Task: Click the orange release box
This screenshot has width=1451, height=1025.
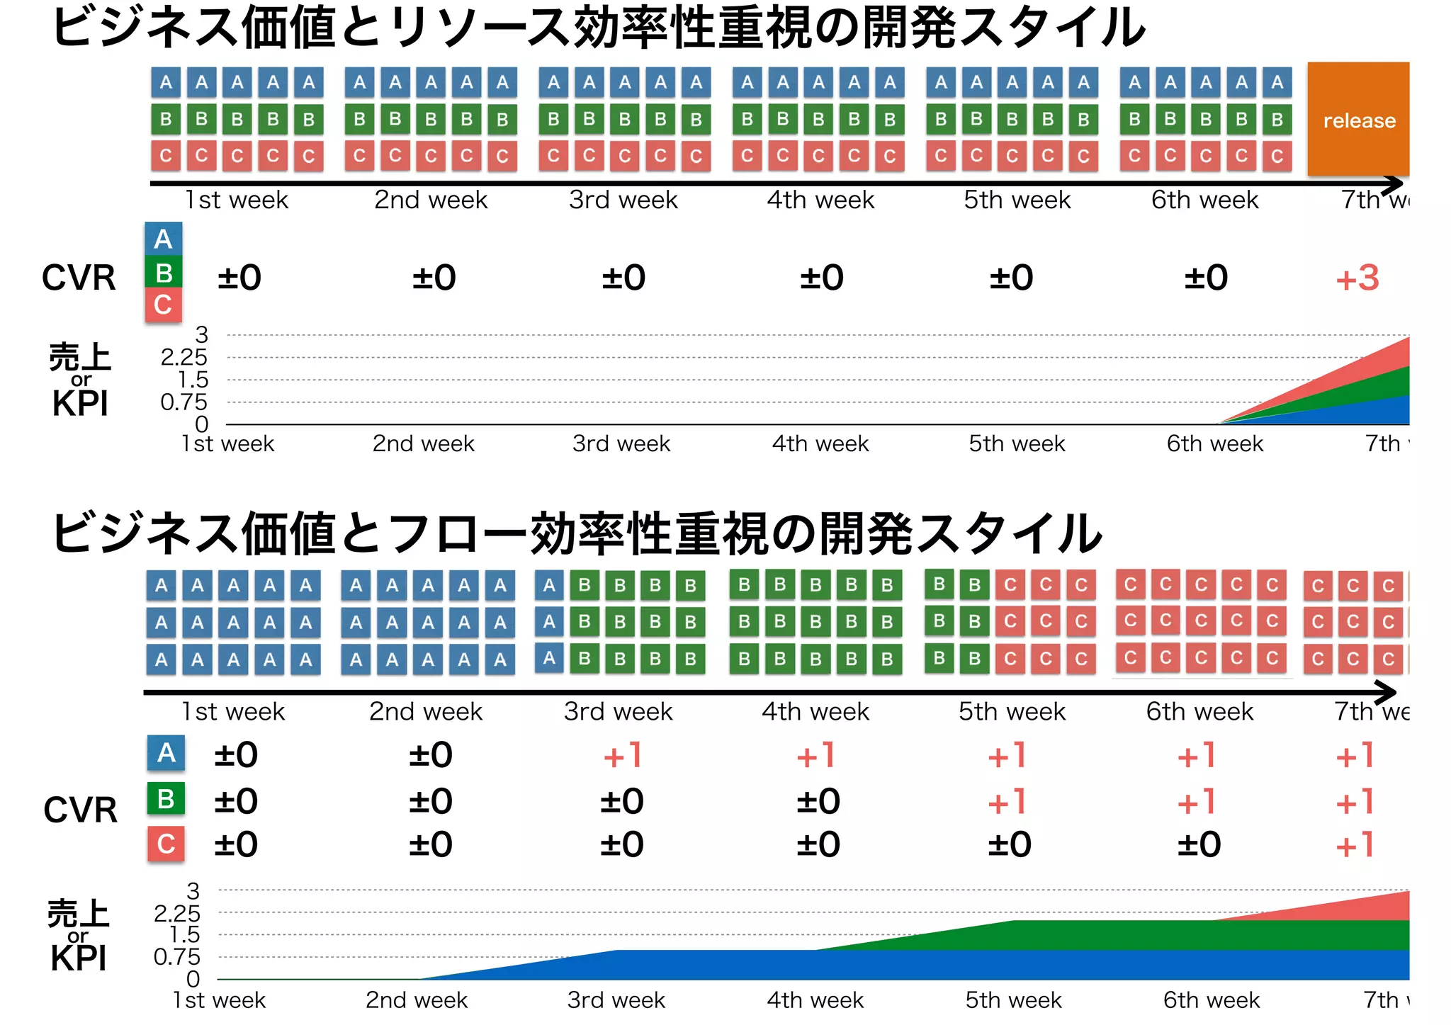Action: (1357, 119)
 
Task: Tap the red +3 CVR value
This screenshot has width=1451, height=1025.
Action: (1357, 278)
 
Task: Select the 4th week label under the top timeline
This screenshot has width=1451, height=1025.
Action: (820, 200)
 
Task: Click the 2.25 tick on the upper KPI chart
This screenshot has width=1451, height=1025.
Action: (184, 357)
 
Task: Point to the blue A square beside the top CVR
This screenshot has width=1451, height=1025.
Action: (164, 239)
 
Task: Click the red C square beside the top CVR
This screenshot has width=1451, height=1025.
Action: (164, 305)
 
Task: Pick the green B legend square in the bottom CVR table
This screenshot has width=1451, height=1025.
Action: (166, 798)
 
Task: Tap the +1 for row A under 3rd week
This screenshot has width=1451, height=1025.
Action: (622, 755)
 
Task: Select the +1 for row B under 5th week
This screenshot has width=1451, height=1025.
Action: (1007, 802)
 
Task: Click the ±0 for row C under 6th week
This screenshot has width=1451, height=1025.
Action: (1199, 844)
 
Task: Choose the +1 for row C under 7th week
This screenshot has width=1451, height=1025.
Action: (1355, 845)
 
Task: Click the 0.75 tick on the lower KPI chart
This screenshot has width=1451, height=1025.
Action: (176, 957)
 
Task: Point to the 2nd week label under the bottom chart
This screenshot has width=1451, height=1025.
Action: (417, 1000)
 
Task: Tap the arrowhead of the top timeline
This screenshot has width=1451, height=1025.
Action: (1394, 184)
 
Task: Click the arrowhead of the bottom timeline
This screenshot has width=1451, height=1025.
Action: (1387, 692)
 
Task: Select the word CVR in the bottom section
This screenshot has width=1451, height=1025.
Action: (80, 810)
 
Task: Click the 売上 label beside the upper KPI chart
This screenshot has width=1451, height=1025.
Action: (79, 356)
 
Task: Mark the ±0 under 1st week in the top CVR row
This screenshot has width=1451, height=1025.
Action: (239, 278)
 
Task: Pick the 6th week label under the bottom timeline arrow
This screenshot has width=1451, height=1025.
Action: (1199, 711)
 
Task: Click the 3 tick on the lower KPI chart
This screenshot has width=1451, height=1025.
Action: (193, 890)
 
